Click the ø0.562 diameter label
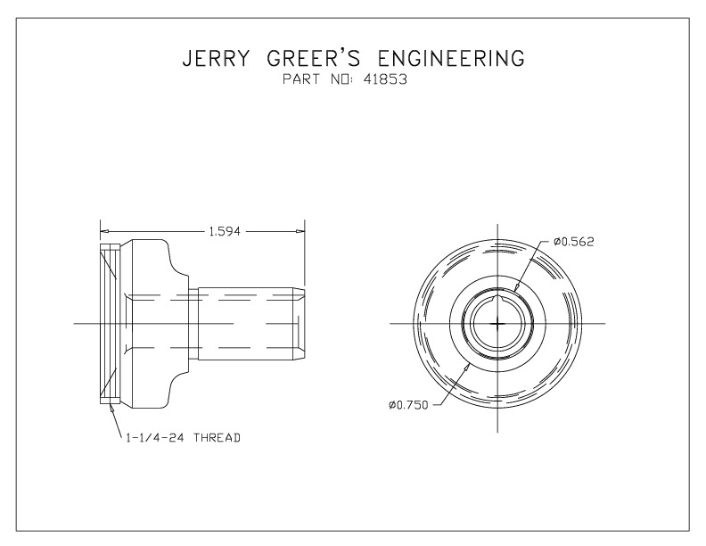click(x=573, y=241)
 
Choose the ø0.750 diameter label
click(x=409, y=405)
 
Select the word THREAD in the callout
click(x=218, y=438)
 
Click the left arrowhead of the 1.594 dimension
click(x=103, y=231)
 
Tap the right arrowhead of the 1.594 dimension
click(x=303, y=231)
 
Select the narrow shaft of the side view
click(x=245, y=322)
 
